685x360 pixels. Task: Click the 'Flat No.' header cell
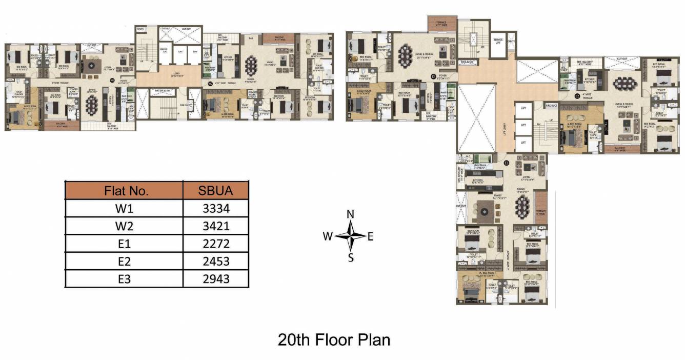point(126,191)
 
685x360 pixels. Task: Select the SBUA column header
point(215,191)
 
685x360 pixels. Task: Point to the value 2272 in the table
point(215,243)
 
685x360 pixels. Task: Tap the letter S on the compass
point(351,258)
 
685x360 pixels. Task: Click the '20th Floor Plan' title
point(334,339)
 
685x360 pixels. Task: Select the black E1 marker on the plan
point(433,76)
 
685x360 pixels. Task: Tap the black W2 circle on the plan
point(210,84)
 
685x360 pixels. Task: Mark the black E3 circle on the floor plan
point(506,163)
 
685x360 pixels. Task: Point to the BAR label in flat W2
point(251,38)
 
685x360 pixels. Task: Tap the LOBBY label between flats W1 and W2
point(169,73)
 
